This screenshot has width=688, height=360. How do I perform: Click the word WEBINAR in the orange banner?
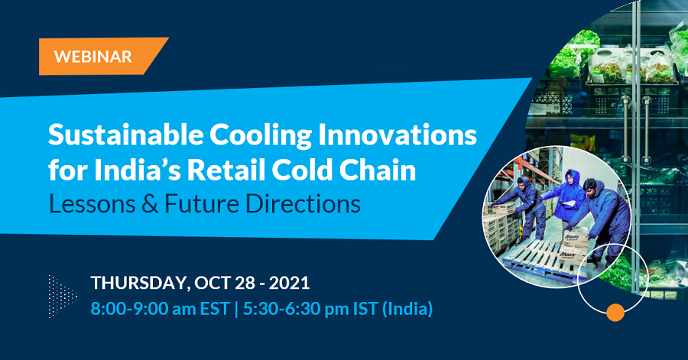(x=92, y=57)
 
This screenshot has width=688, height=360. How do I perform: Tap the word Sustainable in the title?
(x=125, y=135)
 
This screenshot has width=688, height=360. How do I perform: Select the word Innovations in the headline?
(x=397, y=135)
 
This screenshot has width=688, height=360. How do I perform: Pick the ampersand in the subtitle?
(x=150, y=204)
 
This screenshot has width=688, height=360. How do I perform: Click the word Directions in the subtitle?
(x=303, y=204)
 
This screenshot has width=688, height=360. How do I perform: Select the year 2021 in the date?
(x=289, y=283)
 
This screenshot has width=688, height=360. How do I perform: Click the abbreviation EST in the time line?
(x=215, y=309)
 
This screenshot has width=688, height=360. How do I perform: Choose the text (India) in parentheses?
(x=407, y=309)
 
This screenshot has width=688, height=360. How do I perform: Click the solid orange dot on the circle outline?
(x=615, y=312)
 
